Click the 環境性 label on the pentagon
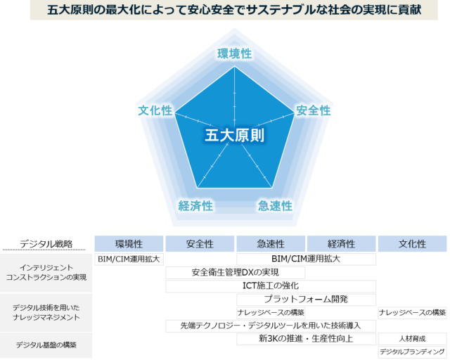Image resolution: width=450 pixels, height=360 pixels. click(234, 54)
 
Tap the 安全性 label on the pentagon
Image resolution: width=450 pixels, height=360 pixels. click(313, 110)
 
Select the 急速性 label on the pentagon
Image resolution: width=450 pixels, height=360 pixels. click(275, 206)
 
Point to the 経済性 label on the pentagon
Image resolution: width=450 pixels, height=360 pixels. click(195, 206)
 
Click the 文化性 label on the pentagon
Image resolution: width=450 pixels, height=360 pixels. click(155, 110)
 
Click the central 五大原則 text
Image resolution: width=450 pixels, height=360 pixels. click(235, 135)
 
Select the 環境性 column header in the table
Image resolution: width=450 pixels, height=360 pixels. click(129, 244)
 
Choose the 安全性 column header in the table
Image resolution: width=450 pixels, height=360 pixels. click(200, 244)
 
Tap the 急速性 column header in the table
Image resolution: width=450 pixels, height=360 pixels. click(271, 244)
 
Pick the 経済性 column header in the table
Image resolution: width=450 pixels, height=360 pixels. click(341, 244)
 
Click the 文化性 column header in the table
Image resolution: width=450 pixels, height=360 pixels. click(412, 244)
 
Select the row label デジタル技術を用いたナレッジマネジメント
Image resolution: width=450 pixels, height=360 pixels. click(46, 312)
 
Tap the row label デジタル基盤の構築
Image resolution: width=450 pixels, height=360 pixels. click(46, 345)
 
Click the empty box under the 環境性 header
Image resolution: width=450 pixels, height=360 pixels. click(129, 259)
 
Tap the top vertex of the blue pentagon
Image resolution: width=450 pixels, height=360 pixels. click(234, 67)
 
